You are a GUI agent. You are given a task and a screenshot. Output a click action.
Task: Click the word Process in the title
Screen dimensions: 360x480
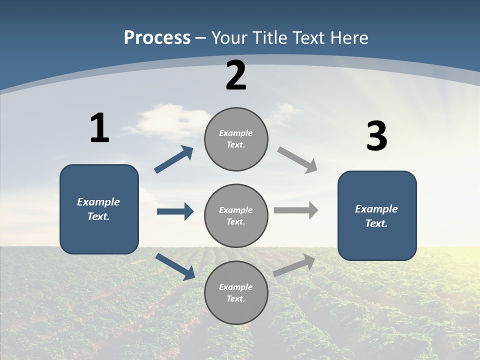pos(157,37)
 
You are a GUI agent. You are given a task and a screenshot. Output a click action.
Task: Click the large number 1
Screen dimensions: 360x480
pos(99,128)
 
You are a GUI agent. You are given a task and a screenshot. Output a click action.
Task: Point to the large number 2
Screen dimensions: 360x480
pos(236,75)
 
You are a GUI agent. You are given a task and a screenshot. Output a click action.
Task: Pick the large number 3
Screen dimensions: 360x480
pos(376,136)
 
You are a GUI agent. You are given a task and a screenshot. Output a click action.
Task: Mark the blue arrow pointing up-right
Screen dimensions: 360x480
pos(174,160)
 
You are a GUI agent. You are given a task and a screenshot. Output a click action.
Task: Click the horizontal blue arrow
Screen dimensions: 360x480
pos(175,211)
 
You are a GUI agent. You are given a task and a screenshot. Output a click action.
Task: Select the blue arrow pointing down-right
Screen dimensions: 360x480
pos(175,266)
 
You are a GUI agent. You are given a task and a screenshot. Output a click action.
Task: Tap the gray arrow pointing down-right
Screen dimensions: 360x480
pos(297,160)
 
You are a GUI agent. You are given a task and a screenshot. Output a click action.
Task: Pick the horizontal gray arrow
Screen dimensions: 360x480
pos(296,210)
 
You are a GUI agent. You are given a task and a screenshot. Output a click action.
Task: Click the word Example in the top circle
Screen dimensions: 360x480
pos(236,133)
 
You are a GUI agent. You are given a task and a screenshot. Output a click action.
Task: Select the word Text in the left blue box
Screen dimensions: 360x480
pos(98,216)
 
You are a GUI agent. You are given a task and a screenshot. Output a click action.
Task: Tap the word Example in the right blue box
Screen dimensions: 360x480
pos(376,209)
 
